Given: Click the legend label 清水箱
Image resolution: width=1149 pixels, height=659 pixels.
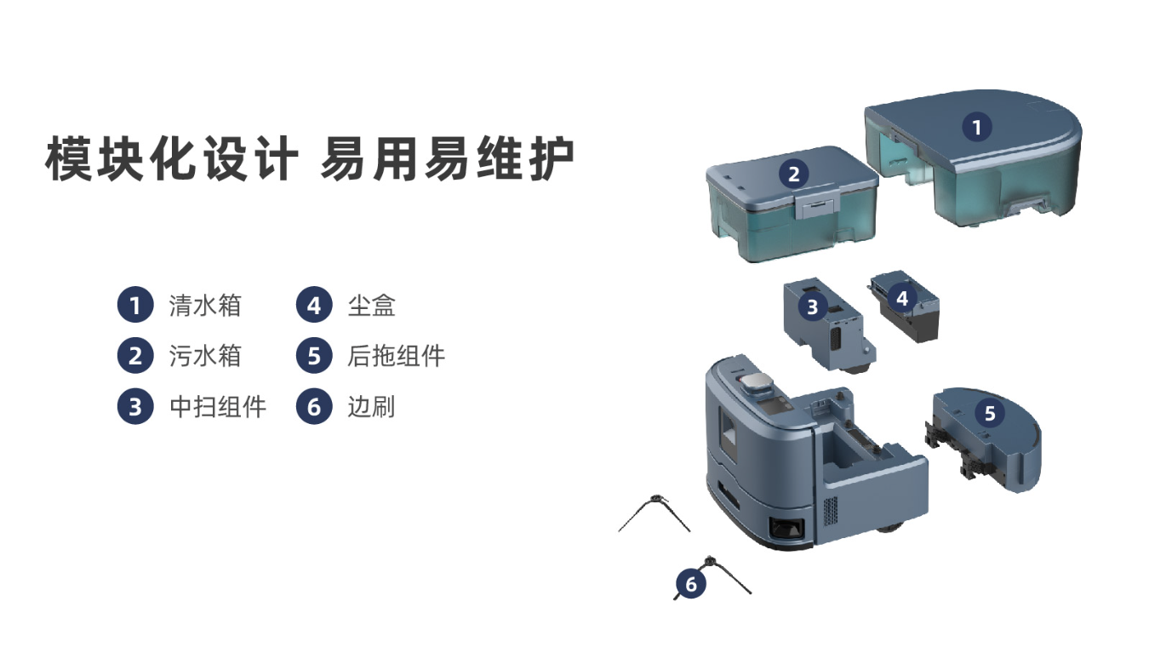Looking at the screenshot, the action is (205, 306).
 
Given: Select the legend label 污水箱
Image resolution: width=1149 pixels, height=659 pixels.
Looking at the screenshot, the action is (205, 356).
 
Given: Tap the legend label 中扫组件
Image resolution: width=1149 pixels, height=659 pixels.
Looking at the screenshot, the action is (218, 407).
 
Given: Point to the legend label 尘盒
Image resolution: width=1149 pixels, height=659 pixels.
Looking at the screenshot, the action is (371, 306).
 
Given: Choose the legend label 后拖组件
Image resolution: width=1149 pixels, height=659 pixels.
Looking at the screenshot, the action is (396, 356).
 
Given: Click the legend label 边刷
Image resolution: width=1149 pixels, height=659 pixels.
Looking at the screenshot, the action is (371, 407).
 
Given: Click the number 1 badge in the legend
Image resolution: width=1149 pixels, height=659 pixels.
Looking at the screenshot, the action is (135, 305).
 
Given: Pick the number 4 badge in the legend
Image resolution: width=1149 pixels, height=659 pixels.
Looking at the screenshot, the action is (314, 305).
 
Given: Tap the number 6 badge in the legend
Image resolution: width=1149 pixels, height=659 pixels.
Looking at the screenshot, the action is (314, 406).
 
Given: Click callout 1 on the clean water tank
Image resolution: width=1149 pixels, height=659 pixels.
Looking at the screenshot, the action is (977, 127).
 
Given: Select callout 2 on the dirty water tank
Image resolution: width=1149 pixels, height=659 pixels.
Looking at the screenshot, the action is (793, 174).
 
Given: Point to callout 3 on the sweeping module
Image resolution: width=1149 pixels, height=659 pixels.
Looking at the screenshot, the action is (813, 307).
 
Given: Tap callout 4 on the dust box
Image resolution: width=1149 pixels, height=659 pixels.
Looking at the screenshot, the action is (902, 298).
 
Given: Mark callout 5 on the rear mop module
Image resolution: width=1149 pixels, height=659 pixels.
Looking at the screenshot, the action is (990, 413).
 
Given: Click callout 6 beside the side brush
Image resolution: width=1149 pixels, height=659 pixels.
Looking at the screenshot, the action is (691, 583).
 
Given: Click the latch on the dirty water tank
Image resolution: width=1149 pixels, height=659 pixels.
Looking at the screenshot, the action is (818, 204).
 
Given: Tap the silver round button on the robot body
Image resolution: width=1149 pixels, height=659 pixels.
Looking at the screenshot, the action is (756, 381).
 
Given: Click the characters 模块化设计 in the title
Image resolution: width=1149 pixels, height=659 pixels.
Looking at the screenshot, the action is (172, 158).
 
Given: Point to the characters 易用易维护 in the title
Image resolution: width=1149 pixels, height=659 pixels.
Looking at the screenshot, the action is (448, 158).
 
